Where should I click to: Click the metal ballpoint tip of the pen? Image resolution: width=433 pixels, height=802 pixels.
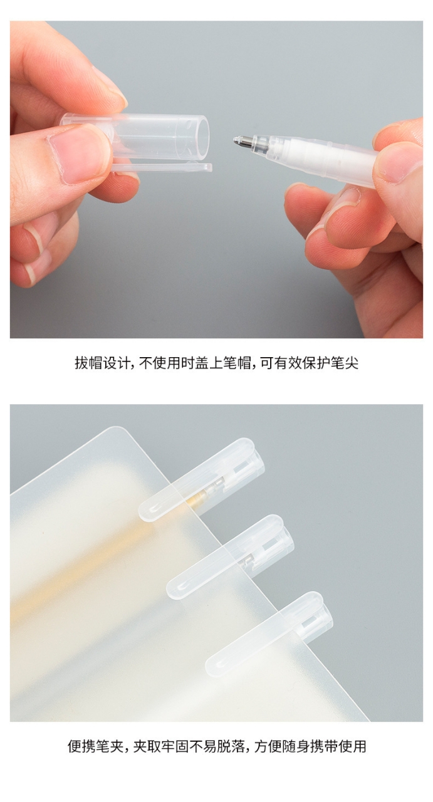click(240, 142)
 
